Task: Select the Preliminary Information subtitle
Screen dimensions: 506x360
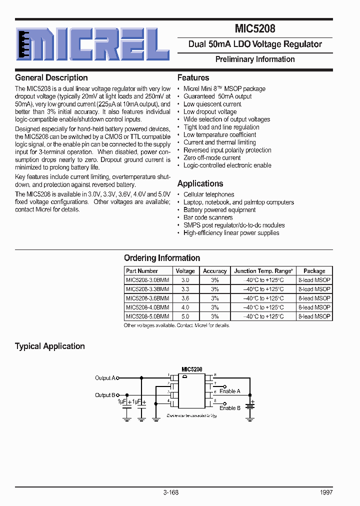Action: pos(255,59)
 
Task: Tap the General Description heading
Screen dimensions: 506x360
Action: pos(51,77)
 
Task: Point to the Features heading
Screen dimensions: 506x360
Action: pos(193,77)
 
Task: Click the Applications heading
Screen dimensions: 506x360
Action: pos(200,183)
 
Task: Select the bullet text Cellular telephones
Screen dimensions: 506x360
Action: pos(208,194)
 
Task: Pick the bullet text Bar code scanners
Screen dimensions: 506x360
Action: pos(208,217)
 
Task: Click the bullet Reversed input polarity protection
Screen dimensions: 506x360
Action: pos(227,150)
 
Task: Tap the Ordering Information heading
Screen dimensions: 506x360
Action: pos(162,258)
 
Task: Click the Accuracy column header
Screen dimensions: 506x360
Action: pos(214,271)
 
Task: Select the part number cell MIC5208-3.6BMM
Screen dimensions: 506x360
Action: pos(147,298)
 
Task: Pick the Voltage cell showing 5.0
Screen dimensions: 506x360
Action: pos(185,316)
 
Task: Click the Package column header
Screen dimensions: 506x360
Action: pos(314,271)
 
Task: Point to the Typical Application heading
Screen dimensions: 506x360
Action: pos(50,346)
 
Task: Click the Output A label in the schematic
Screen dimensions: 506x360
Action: pos(105,378)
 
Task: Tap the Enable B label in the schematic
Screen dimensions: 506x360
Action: pos(230,408)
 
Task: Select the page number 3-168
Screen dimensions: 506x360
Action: pos(170,492)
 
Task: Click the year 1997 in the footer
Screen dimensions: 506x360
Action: pos(326,492)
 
